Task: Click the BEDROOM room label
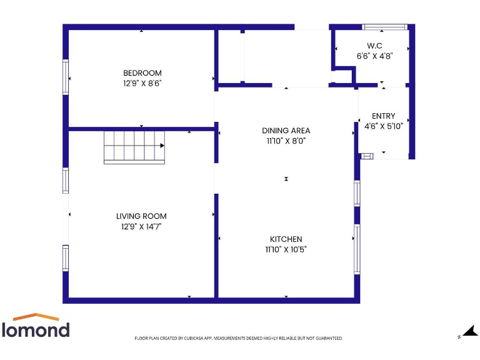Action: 142,73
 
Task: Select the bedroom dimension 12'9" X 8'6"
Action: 142,82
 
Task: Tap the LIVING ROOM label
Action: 141,216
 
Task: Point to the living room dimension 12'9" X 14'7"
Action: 141,226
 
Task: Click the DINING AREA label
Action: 286,131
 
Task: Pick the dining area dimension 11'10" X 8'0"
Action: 286,141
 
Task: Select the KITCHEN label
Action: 286,239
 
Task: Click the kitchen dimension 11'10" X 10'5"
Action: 286,249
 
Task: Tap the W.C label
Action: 374,46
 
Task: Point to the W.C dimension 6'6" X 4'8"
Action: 374,56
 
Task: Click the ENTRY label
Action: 383,116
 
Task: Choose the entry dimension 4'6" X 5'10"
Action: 383,126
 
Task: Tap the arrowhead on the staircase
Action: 162,146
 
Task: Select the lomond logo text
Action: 36,329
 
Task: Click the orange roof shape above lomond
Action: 36,317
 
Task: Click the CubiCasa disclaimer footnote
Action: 239,338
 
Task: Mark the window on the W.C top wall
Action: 385,27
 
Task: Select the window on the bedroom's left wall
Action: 66,77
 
